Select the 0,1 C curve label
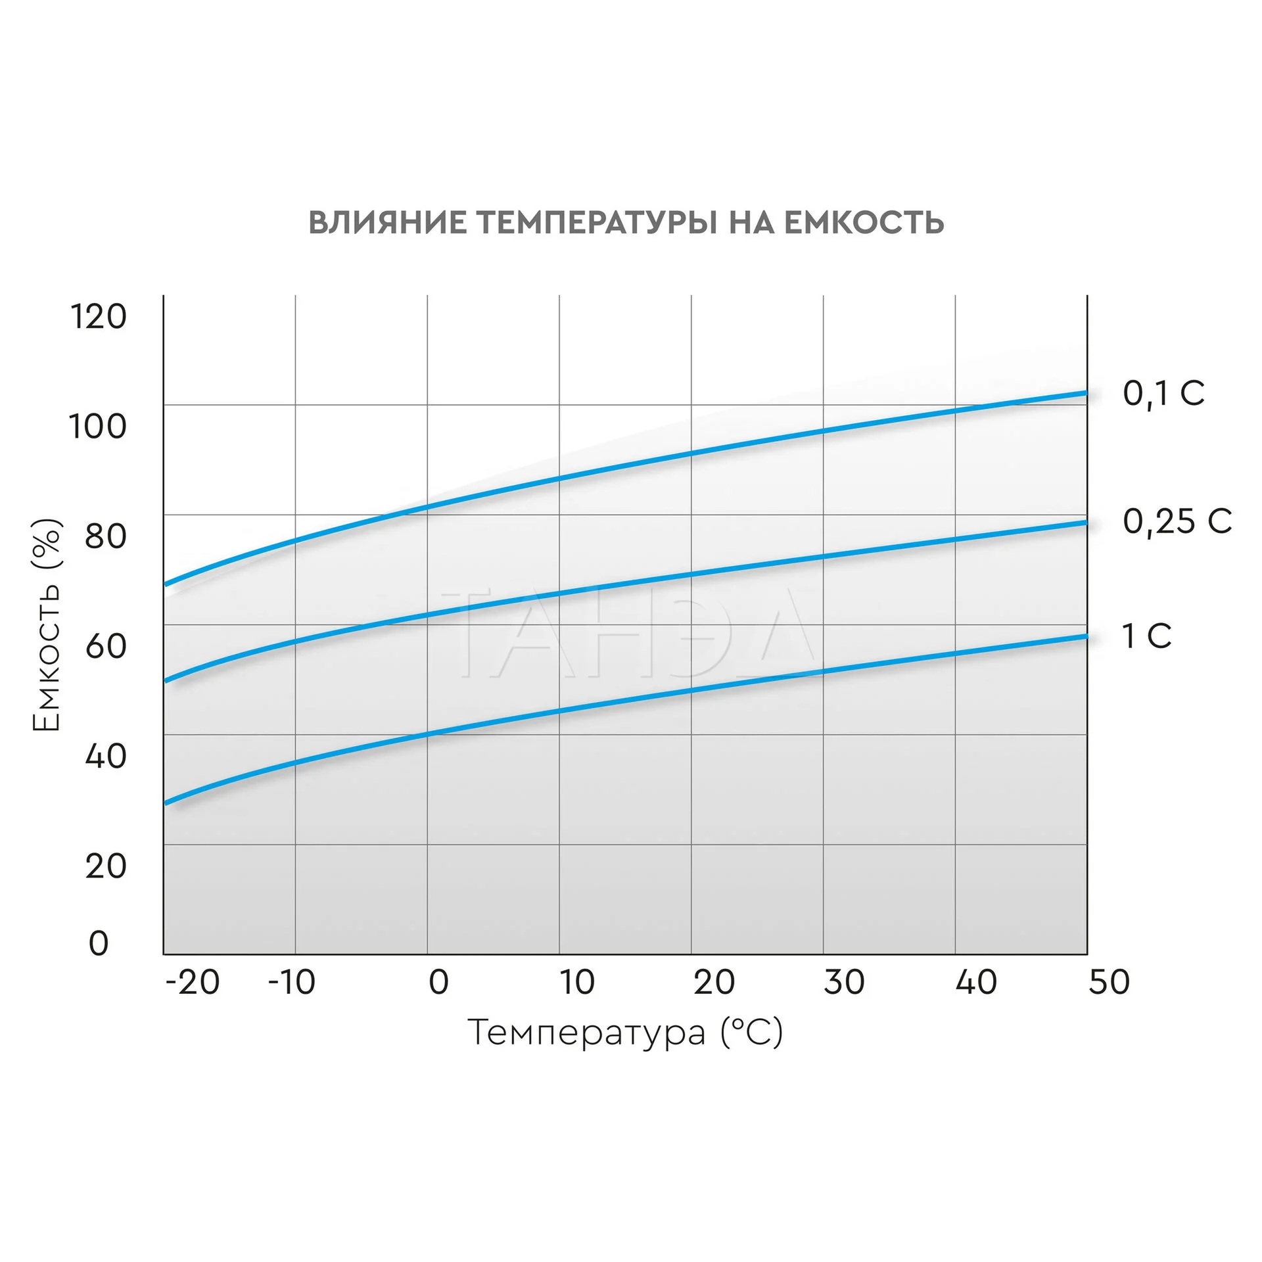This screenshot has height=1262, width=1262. [1163, 394]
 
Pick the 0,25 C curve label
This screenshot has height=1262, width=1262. [1177, 522]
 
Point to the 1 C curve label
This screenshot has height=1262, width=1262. [1146, 636]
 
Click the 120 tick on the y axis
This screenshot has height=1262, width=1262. [98, 317]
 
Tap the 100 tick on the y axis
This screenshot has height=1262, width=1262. [98, 427]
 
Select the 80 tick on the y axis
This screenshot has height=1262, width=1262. [105, 536]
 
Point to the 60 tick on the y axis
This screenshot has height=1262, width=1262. [105, 646]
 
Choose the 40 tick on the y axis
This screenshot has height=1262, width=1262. [105, 756]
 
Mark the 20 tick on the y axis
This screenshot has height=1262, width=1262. [105, 866]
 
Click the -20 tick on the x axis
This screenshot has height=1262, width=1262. [192, 983]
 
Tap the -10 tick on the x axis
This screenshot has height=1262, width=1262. [292, 983]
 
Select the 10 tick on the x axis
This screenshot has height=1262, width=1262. [577, 983]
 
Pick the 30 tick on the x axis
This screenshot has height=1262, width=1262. [844, 983]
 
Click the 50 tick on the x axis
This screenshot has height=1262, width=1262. [1109, 983]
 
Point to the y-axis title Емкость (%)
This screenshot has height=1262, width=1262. [47, 624]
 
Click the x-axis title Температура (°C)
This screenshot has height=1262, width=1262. [625, 1033]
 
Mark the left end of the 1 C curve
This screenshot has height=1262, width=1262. [165, 803]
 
